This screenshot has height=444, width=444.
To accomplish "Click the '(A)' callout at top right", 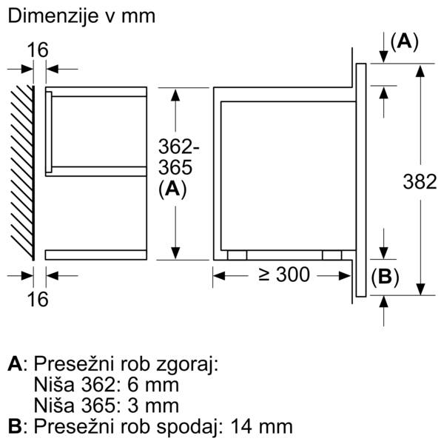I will (404, 41).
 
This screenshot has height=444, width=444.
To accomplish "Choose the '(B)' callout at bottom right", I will (384, 277).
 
